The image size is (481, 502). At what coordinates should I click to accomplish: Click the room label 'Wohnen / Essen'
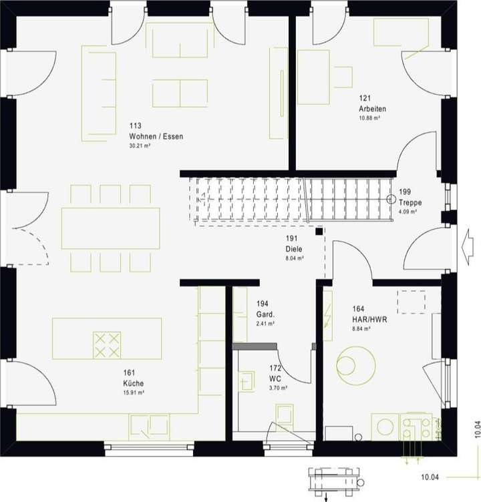click(x=156, y=136)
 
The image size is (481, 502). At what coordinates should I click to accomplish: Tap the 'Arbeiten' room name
click(x=373, y=109)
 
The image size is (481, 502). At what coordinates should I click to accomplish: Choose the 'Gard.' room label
click(x=266, y=314)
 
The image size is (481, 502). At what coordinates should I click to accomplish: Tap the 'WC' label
click(x=275, y=378)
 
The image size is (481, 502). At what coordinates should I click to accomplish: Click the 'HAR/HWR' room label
click(x=369, y=318)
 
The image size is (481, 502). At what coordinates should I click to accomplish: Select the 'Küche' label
click(x=133, y=383)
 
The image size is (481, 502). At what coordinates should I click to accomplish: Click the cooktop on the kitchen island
click(x=108, y=344)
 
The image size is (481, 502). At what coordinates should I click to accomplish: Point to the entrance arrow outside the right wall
click(x=468, y=238)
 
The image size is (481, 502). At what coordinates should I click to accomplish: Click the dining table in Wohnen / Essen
click(x=111, y=228)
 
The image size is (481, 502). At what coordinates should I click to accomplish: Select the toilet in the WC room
click(x=284, y=415)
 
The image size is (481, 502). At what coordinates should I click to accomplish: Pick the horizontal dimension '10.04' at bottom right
click(x=431, y=477)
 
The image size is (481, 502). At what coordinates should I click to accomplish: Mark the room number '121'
click(x=364, y=98)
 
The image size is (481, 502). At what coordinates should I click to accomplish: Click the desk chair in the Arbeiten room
click(x=343, y=77)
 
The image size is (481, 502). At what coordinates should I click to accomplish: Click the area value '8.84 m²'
click(x=362, y=328)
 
